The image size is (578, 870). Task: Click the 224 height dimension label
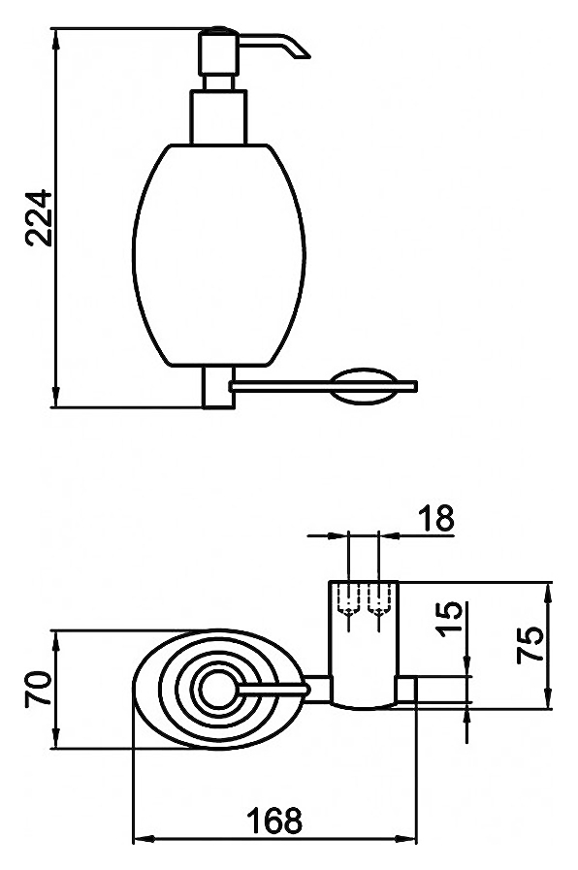pos(38,218)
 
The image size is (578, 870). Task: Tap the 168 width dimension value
pos(274,821)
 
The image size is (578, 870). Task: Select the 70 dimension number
pos(38,689)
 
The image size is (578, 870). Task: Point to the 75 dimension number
pos(530,645)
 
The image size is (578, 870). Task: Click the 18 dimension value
pos(436,518)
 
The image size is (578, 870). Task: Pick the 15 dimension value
pos(449,618)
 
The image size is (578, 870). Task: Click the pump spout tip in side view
pos(305,54)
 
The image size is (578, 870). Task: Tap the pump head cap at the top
pos(219,51)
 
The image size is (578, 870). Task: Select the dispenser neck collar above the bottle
pos(218,117)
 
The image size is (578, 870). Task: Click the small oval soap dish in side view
pos(364,386)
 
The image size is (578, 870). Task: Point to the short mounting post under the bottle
pos(218,387)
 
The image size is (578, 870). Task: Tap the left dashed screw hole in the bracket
pos(348,599)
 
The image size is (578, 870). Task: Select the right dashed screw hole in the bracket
pos(378,599)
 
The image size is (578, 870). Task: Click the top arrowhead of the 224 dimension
pos(55,38)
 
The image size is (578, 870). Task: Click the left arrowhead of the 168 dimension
pos(144,839)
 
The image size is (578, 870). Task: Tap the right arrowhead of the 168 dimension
pos(405,839)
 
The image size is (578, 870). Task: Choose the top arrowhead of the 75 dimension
pos(549,594)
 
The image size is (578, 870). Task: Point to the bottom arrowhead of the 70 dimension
pos(55,738)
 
